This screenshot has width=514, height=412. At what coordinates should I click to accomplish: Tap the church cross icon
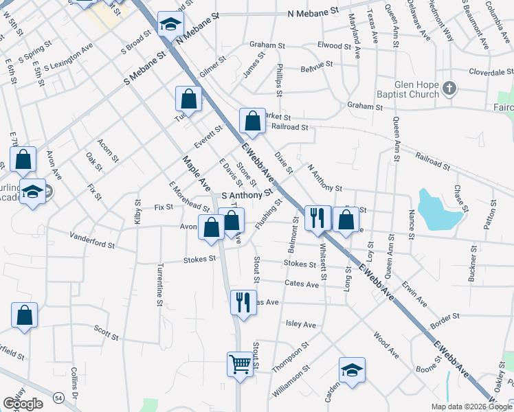(449, 88)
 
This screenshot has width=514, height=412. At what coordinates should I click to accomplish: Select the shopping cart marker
(240, 363)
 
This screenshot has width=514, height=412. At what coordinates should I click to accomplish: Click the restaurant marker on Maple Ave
(243, 302)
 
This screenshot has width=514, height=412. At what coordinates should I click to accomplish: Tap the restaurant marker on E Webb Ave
(317, 218)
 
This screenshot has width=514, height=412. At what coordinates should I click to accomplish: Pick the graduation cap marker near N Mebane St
(168, 25)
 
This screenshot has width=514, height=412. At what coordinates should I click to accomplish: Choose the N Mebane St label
(314, 13)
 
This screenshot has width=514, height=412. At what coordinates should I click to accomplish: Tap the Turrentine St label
(159, 284)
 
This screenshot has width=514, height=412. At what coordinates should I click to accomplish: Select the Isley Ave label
(300, 324)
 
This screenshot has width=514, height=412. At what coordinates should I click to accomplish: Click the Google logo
(23, 403)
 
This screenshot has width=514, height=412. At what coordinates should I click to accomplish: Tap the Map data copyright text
(471, 407)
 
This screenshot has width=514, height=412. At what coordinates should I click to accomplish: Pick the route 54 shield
(60, 398)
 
